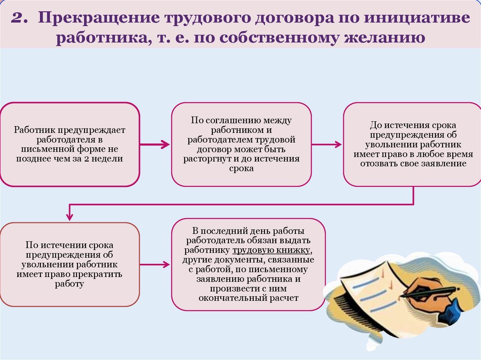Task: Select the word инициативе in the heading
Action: click(x=417, y=17)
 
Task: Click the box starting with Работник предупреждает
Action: click(x=70, y=145)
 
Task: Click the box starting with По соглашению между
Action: click(x=241, y=145)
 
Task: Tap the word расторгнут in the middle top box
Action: click(x=208, y=159)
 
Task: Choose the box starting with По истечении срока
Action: click(x=70, y=264)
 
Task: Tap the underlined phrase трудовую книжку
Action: click(x=271, y=250)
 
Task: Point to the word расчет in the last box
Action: click(x=284, y=298)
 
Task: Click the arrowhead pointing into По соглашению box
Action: click(x=166, y=145)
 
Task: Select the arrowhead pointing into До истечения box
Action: click(x=338, y=145)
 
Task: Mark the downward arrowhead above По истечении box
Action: click(x=70, y=216)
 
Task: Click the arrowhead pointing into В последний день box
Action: click(x=166, y=264)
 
